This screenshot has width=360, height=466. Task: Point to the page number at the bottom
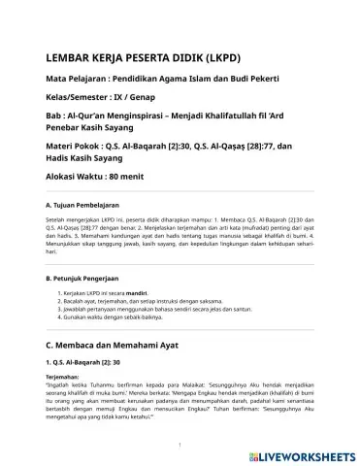180,446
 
